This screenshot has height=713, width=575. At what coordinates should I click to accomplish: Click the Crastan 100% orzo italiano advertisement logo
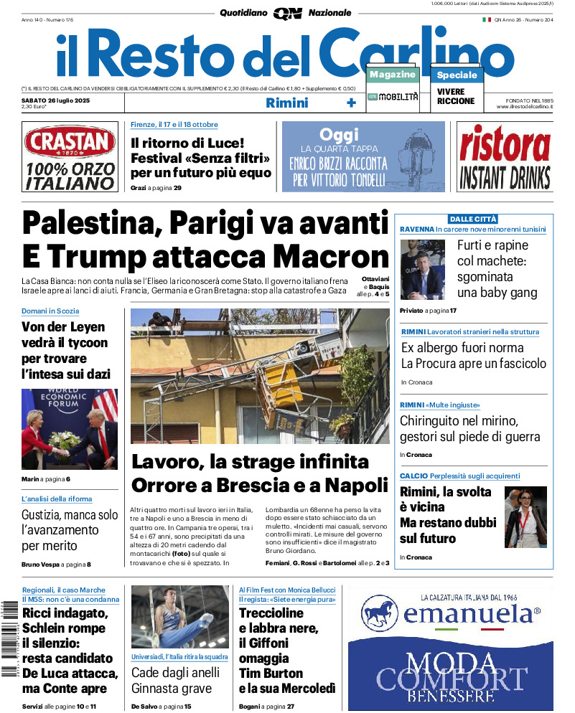(x=69, y=157)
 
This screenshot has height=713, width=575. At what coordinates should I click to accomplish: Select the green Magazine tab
(x=392, y=75)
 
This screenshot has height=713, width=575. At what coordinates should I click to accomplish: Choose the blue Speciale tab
(x=457, y=75)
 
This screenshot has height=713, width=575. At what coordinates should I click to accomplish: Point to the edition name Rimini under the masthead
(x=286, y=103)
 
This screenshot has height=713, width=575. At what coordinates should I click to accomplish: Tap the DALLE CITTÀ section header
(x=473, y=219)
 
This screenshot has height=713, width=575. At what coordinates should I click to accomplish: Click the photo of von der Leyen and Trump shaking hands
(x=69, y=429)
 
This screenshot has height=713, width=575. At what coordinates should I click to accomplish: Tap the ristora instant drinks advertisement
(x=505, y=157)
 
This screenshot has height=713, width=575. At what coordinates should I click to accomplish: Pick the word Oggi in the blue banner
(x=339, y=135)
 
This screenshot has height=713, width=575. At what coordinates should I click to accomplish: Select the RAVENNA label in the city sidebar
(x=416, y=229)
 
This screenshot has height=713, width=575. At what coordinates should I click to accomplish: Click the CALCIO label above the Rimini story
(x=413, y=476)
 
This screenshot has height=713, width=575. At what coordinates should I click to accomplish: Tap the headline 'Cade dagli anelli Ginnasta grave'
(x=172, y=681)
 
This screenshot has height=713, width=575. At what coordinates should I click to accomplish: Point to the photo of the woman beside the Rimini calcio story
(x=525, y=516)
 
